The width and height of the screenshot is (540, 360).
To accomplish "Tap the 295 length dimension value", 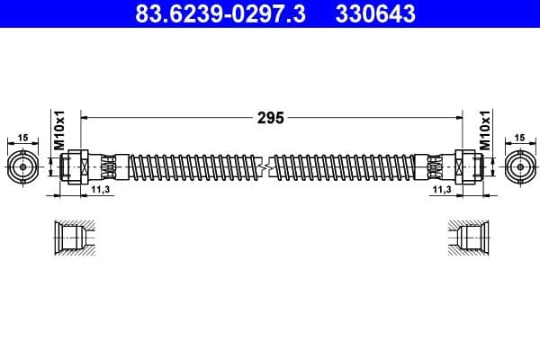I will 271,117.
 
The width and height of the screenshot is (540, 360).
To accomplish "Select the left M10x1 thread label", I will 58,131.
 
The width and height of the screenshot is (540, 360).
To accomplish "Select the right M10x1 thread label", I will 483,131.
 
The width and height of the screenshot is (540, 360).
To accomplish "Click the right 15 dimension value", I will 519,138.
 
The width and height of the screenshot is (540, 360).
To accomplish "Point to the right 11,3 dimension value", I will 442,191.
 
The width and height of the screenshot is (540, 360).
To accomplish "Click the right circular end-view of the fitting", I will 520,167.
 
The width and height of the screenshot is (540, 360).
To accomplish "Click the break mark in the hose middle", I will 264,167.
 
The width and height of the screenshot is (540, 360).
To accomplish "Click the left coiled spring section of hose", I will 189,167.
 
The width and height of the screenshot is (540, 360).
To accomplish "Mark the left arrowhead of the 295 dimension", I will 85,117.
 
